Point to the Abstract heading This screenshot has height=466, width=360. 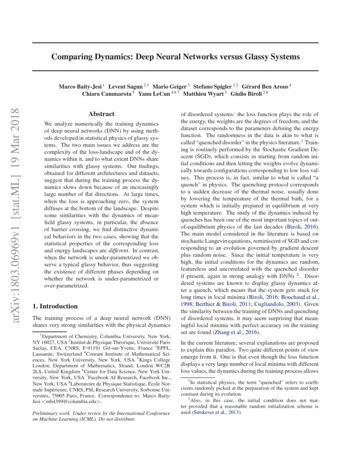tap(102, 114)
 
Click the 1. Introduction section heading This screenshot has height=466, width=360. tap(55, 306)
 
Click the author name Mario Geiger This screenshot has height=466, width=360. tap(169, 86)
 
